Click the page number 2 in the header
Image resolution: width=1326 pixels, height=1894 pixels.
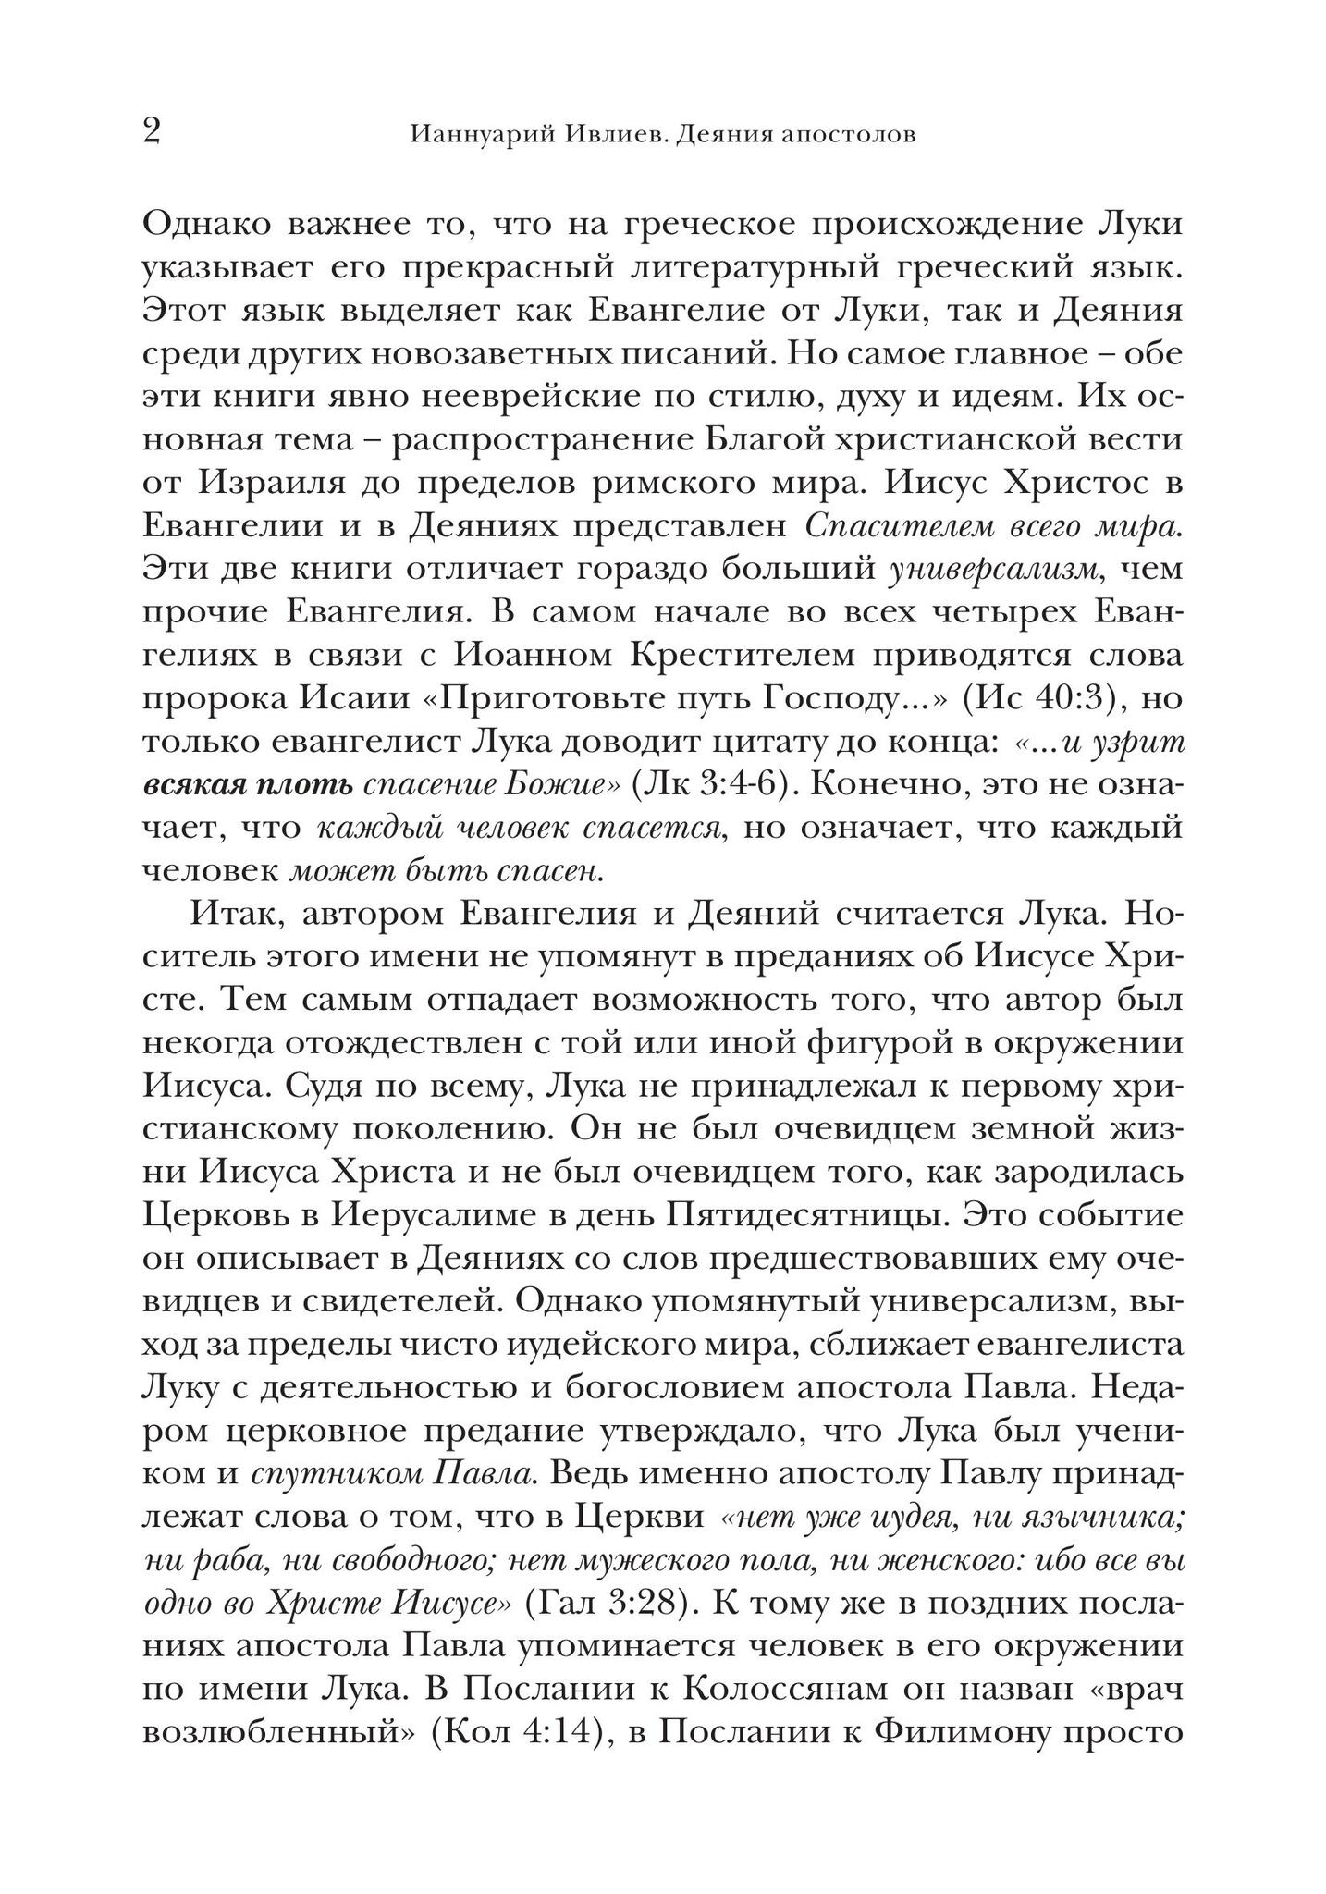[153, 131]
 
